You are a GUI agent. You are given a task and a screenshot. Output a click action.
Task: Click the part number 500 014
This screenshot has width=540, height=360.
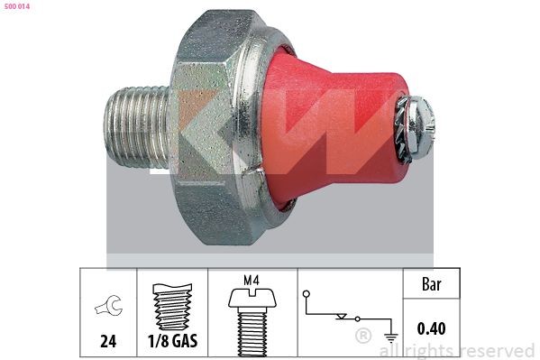click(17, 6)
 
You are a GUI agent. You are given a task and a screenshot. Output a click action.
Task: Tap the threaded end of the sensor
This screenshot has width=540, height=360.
click(137, 127)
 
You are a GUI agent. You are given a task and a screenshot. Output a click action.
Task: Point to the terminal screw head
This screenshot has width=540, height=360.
click(422, 128)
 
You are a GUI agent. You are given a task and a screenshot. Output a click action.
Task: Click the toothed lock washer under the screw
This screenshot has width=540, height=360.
click(403, 129)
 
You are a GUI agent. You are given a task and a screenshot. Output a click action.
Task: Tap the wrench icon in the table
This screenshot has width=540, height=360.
click(109, 306)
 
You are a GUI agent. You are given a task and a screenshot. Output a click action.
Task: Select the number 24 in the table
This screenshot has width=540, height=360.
click(108, 341)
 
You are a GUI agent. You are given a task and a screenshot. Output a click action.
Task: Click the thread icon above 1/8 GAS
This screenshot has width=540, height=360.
click(172, 307)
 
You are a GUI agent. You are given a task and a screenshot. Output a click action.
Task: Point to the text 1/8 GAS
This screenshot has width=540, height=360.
click(172, 341)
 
